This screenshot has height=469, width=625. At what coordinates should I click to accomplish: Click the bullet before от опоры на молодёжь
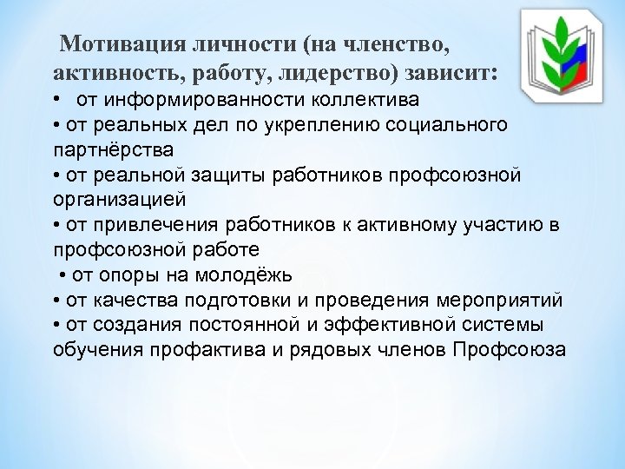coord(65,276)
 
